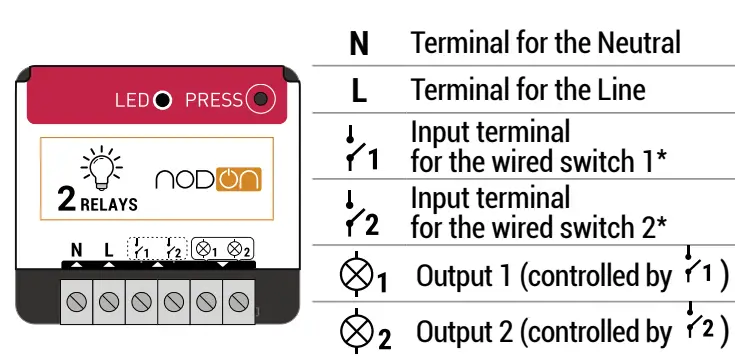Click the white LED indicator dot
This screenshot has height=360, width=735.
[162, 100]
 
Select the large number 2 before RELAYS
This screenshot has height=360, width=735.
[67, 201]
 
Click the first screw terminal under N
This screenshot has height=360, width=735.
[76, 299]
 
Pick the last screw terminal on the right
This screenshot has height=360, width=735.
[238, 299]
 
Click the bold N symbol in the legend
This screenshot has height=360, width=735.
[359, 44]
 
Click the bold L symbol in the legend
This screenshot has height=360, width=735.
[359, 91]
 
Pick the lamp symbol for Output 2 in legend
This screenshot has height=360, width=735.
[358, 331]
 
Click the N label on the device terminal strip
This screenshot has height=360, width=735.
[76, 250]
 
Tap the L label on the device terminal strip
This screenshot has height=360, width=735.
[108, 250]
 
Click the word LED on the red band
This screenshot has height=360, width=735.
[132, 100]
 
